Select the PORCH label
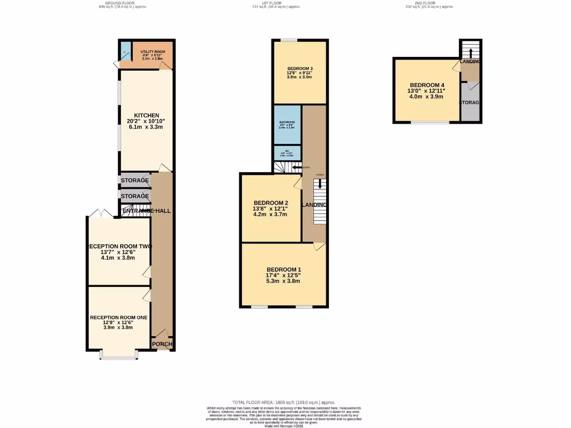click(162, 344)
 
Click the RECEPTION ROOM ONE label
click(119, 317)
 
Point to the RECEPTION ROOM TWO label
click(119, 246)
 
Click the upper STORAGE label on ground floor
click(135, 181)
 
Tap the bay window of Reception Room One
click(118, 355)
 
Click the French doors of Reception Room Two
click(100, 213)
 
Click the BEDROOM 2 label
click(270, 202)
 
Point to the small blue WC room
click(287, 153)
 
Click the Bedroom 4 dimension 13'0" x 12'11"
click(427, 91)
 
